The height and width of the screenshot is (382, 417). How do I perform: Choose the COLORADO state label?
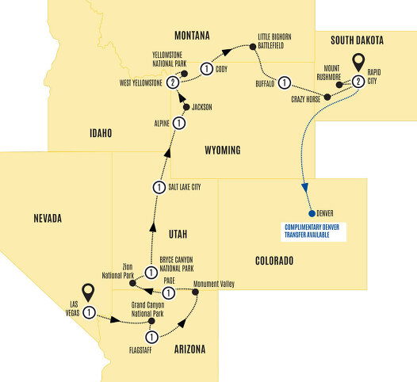(274, 261)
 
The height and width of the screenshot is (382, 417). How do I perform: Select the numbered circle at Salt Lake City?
(158, 187)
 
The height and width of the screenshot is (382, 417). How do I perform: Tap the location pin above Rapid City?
(358, 60)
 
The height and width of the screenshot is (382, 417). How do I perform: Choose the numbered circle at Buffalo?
(284, 81)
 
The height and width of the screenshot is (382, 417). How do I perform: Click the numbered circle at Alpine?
(180, 124)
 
